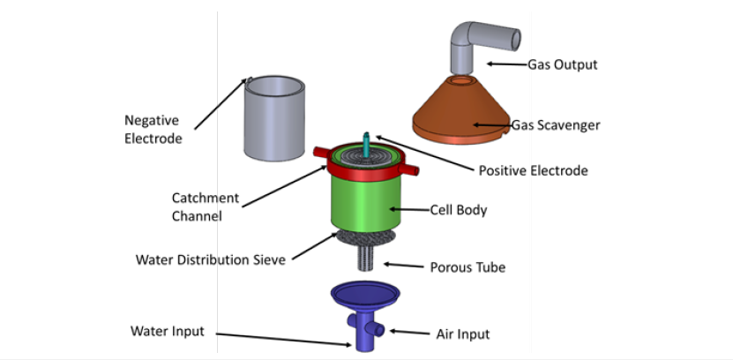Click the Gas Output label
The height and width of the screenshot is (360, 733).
(x=562, y=64)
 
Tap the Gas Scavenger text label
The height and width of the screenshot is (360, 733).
(x=556, y=125)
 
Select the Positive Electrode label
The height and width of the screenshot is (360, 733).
(x=532, y=170)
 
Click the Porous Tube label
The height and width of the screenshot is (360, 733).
(x=467, y=266)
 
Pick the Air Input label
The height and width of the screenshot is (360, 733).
(x=462, y=334)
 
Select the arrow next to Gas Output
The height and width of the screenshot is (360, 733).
(x=505, y=64)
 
